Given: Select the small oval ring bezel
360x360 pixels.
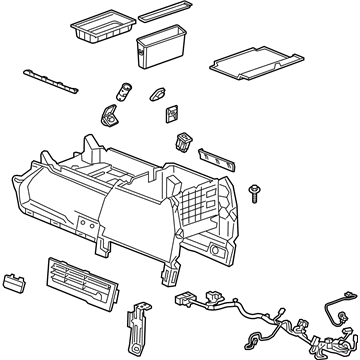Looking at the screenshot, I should [x=158, y=95].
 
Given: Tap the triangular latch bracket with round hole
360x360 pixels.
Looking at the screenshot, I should [x=108, y=116].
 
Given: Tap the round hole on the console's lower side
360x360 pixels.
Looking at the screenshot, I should [x=217, y=246].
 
